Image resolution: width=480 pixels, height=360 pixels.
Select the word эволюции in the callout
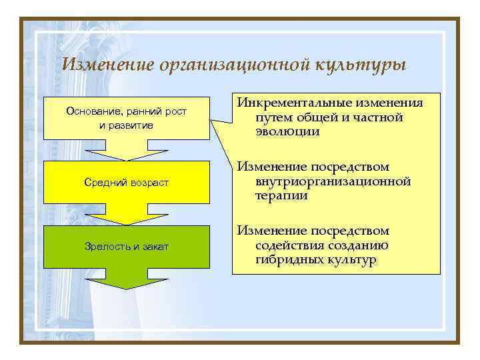tap(287, 132)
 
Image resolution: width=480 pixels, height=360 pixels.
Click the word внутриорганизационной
tap(333, 181)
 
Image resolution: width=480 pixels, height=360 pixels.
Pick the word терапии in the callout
tap(281, 196)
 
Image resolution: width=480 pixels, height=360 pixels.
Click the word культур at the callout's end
tap(351, 260)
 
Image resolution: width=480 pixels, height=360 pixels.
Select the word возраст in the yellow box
tap(150, 182)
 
